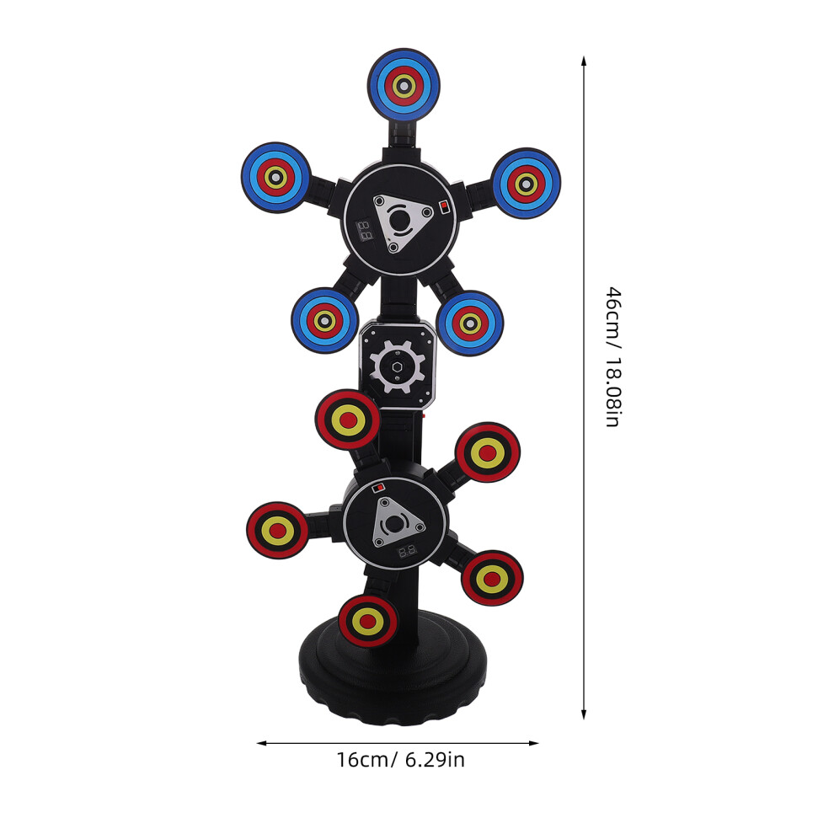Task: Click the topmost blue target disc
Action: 404,85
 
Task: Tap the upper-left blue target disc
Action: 275,177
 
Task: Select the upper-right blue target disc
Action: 526,184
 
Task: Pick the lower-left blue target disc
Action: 324,320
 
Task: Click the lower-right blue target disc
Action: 470,323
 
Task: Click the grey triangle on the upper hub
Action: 402,222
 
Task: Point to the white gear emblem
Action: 398,367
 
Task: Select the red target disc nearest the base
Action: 367,621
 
